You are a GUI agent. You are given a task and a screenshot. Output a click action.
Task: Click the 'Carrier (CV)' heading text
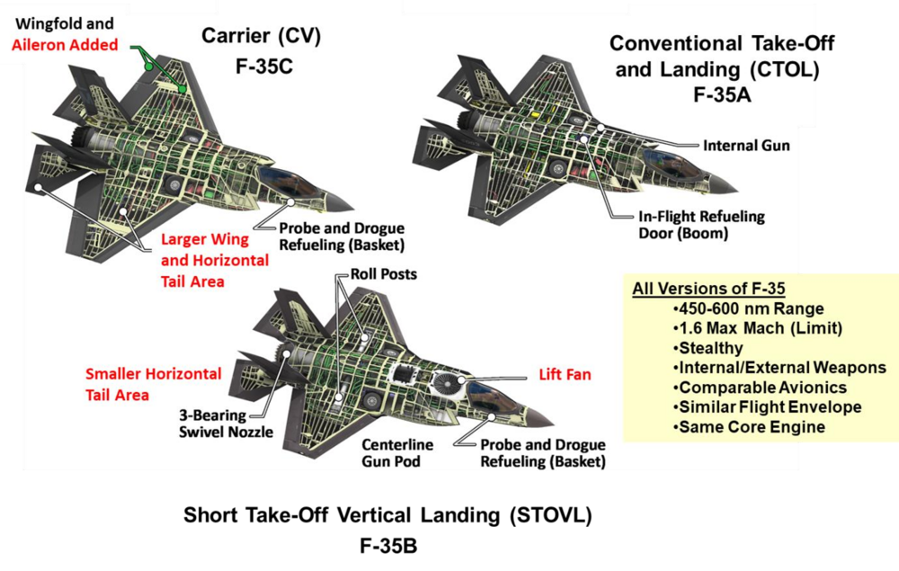(x=261, y=37)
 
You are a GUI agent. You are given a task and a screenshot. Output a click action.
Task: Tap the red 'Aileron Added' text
(x=66, y=45)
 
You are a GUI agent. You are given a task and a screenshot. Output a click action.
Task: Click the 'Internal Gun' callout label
(x=746, y=146)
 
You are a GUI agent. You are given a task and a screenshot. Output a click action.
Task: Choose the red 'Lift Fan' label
(x=565, y=374)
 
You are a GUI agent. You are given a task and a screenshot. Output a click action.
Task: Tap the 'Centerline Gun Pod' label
(x=397, y=453)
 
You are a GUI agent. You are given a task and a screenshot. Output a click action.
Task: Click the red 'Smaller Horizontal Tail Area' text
(x=153, y=384)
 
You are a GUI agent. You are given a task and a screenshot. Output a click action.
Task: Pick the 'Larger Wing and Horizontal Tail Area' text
(x=214, y=259)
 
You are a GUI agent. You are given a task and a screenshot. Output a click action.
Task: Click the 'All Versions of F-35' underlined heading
(x=708, y=290)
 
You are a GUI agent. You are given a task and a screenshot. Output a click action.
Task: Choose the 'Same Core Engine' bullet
(x=748, y=427)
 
